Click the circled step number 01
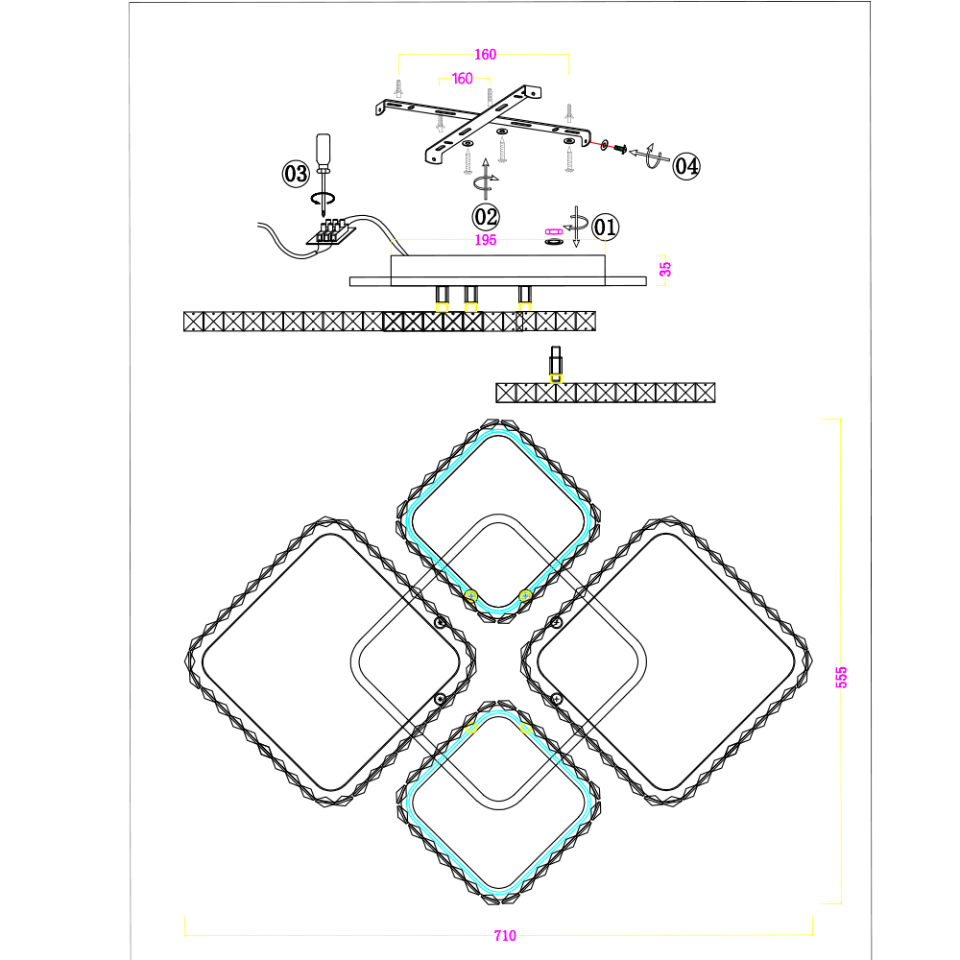click(x=606, y=228)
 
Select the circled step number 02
click(x=486, y=217)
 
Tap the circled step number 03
click(x=296, y=173)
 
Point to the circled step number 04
click(x=685, y=166)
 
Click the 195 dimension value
click(x=486, y=240)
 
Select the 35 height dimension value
click(x=665, y=269)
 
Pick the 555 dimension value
click(x=842, y=677)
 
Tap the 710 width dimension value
click(x=505, y=935)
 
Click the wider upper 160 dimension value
click(x=486, y=55)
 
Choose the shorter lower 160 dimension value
click(x=463, y=79)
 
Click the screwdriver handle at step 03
click(x=323, y=150)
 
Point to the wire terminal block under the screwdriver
click(x=331, y=232)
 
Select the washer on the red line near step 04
click(x=605, y=145)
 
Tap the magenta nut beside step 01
click(x=554, y=231)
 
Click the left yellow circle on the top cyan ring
click(x=470, y=596)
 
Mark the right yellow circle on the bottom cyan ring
click(x=525, y=728)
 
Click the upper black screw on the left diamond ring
click(x=440, y=623)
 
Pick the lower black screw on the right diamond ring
click(x=557, y=699)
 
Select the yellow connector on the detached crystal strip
click(x=556, y=378)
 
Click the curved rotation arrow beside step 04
click(x=650, y=156)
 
